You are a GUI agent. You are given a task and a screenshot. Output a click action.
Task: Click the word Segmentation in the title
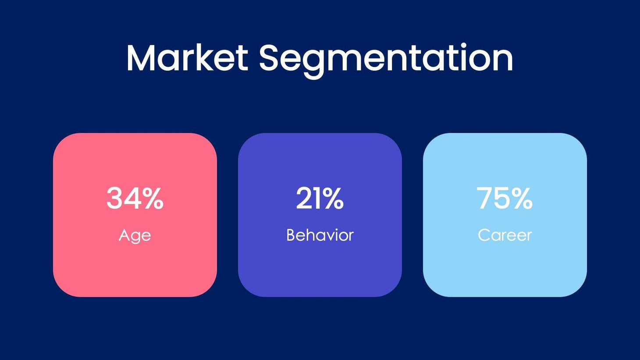click(x=386, y=58)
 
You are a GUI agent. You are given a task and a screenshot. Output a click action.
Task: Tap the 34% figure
click(x=135, y=198)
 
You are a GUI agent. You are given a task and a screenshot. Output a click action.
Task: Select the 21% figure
click(x=320, y=198)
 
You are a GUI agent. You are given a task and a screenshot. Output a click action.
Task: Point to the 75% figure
click(x=505, y=198)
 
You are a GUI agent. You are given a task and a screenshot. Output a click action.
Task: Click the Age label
click(x=135, y=235)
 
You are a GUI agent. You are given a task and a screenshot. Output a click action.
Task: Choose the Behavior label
click(x=320, y=235)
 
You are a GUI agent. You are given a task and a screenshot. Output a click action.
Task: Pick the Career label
click(x=505, y=235)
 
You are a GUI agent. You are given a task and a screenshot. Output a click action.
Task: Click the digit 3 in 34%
click(x=114, y=198)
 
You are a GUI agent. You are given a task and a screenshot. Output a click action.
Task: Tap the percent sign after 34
click(x=153, y=198)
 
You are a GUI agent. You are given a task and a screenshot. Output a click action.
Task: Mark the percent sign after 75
click(x=522, y=198)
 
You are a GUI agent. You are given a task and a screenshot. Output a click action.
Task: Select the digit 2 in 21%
click(x=303, y=198)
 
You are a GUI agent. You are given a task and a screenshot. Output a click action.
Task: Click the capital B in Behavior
click(x=290, y=235)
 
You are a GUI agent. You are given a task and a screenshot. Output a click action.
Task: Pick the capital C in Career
click(x=484, y=235)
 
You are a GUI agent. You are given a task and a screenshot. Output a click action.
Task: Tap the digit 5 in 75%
click(x=501, y=198)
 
